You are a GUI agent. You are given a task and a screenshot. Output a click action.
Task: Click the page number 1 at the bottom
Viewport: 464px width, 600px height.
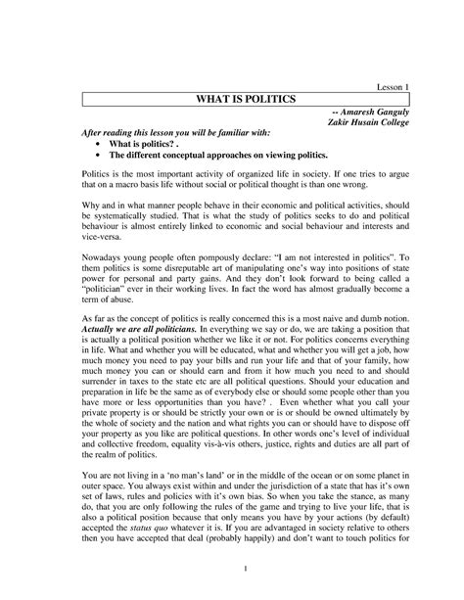pos(232,571)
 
